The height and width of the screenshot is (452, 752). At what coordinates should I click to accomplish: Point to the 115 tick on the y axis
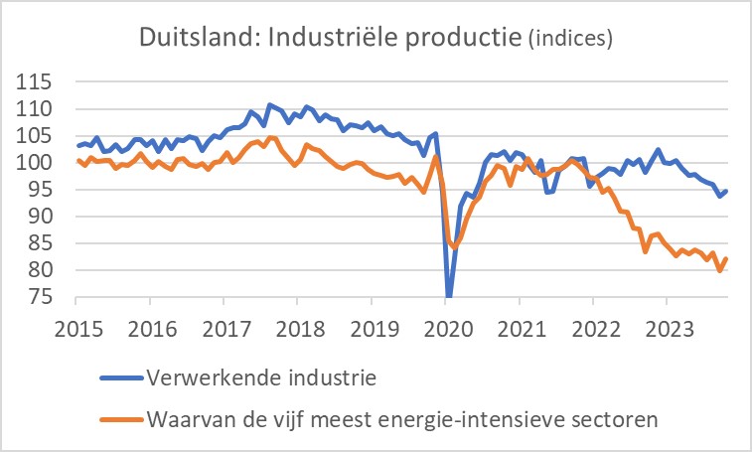coord(46,81)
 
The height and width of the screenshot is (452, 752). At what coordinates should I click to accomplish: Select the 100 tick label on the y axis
coord(46,162)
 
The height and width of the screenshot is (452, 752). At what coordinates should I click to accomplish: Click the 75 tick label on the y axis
coord(51,297)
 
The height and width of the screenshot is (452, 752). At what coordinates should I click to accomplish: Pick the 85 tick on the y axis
coord(51,243)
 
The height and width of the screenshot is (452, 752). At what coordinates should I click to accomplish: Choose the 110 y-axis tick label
coord(46,108)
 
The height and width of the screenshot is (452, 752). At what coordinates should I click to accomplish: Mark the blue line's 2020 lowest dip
coord(449,295)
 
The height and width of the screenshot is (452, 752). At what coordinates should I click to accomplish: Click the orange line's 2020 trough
coord(454,246)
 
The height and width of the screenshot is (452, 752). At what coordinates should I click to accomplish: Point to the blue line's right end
coord(727,191)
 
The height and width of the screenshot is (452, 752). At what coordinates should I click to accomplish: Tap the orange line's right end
coord(727,258)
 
